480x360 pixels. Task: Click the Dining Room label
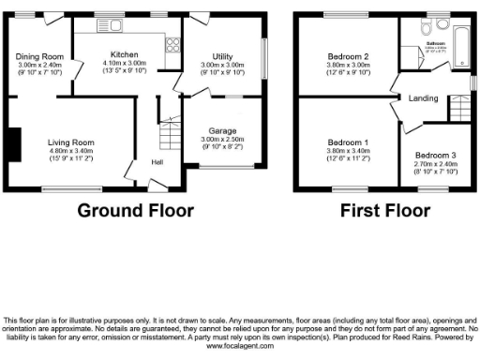(39, 56)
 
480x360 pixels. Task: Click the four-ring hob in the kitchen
(172, 42)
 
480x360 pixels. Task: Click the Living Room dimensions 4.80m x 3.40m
(71, 151)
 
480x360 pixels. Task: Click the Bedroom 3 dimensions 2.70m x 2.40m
(436, 163)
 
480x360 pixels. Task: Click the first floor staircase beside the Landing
(457, 111)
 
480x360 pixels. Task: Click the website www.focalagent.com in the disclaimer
(240, 345)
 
